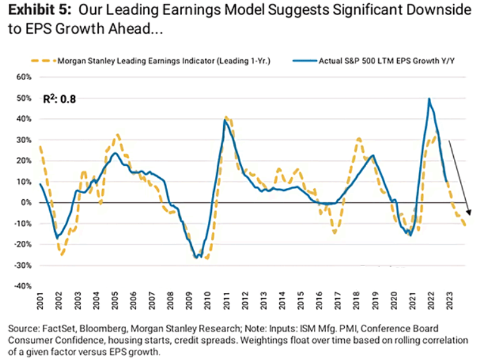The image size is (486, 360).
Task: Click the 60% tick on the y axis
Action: pos(23,78)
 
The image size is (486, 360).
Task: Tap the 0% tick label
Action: pos(26,202)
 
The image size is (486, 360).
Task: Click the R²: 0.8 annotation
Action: pos(59,99)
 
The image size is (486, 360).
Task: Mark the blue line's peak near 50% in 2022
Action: pos(429,98)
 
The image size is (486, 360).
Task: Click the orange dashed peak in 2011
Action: pos(227,117)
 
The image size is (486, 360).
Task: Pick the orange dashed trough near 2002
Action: pos(62,255)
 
